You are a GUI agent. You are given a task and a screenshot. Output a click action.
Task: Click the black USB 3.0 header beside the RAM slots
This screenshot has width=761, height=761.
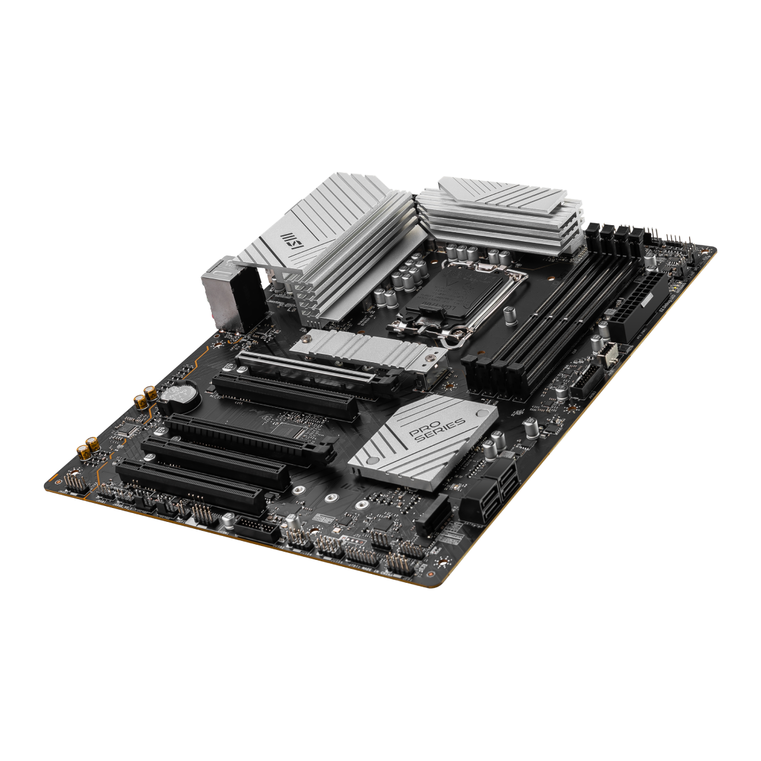(x=587, y=380)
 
